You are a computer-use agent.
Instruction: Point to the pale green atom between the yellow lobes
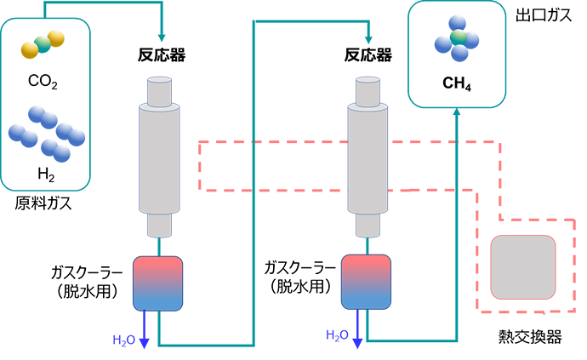pos(43,40)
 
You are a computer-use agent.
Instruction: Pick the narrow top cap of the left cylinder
pos(160,91)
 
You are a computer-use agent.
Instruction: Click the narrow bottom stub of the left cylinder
pos(160,226)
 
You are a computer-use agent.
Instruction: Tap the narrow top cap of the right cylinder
pos(368,91)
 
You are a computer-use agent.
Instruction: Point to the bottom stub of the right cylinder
pos(368,226)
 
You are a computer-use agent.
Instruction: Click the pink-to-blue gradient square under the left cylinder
pos(158,283)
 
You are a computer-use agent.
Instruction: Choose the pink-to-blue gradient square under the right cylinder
pos(367,283)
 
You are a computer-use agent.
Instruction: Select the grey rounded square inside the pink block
pos(523,266)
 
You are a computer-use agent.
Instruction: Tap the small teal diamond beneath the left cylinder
pos(160,244)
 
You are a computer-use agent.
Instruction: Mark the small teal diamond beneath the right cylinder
pos(368,244)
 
